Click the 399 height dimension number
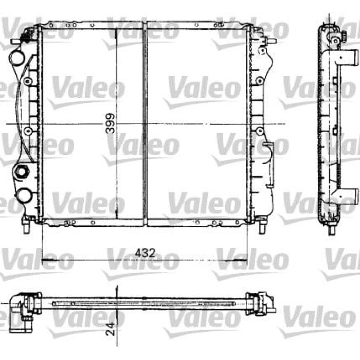[110, 123]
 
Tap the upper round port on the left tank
[17, 57]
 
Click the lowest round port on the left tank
[24, 195]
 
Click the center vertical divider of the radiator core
[145, 123]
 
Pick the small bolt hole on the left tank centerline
[28, 131]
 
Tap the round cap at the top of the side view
[335, 40]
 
